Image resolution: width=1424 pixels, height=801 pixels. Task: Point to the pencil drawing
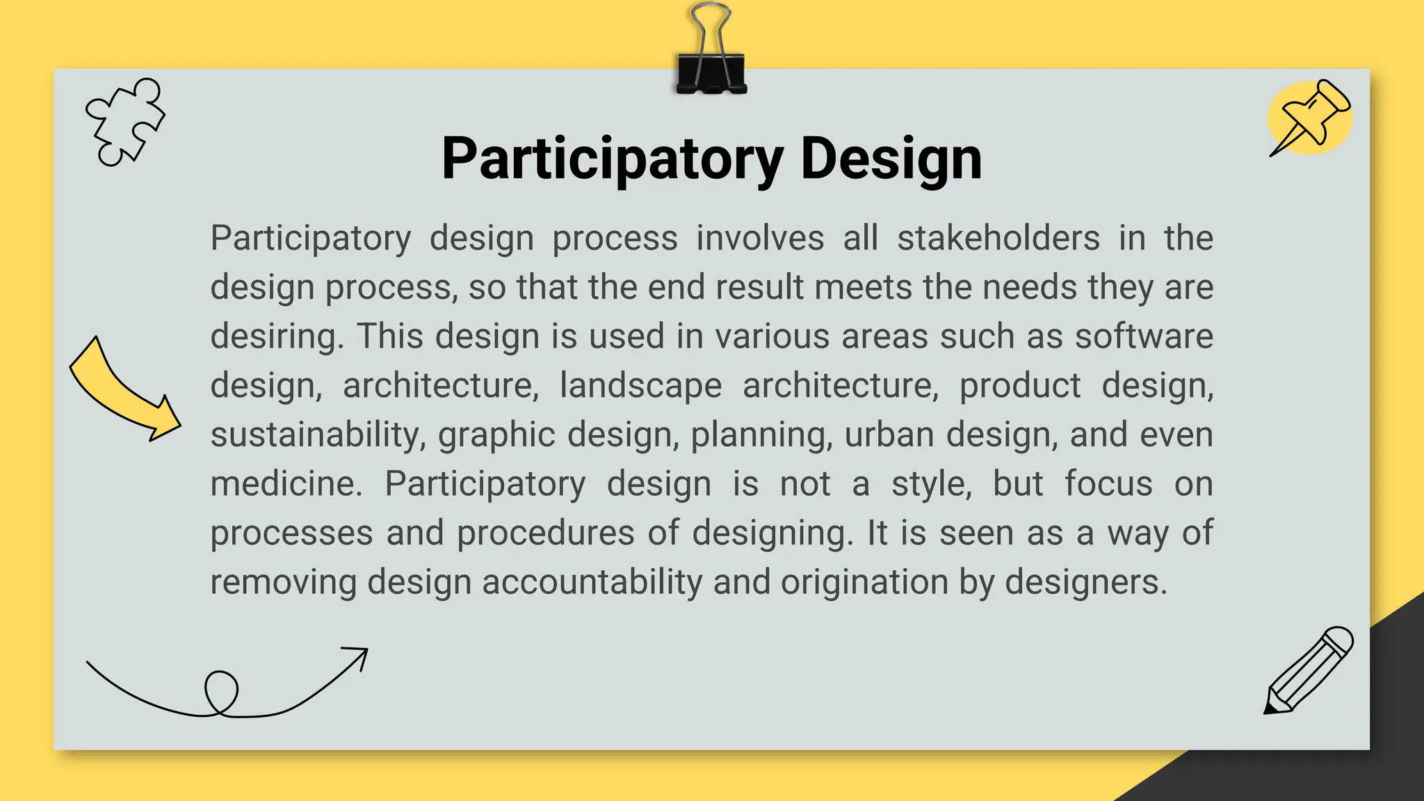[x=1307, y=670]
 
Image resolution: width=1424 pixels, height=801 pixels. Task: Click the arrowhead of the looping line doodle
[x=358, y=656]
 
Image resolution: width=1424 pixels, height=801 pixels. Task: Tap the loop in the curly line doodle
[x=221, y=692]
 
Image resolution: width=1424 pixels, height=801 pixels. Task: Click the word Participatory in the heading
[x=613, y=160]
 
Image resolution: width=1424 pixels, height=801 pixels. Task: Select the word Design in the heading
[x=891, y=160]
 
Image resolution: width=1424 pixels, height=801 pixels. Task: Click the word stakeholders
[x=998, y=238]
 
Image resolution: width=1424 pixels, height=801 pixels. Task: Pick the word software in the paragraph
[x=1144, y=337]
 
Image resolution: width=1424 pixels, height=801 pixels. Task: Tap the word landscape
[x=640, y=386]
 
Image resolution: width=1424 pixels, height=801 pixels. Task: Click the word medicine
[x=286, y=484]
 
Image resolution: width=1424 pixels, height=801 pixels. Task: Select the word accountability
[x=592, y=582]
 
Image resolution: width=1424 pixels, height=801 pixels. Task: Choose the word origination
[x=864, y=582]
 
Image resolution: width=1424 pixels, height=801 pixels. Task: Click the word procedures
[x=546, y=533]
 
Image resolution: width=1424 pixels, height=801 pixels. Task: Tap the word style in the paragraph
[x=931, y=484]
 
